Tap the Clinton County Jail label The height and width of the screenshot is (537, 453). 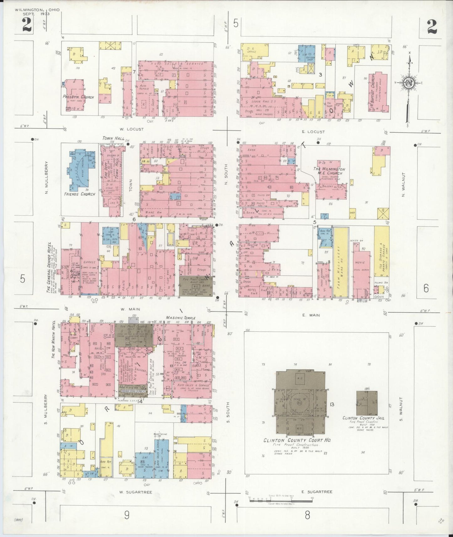point(363,418)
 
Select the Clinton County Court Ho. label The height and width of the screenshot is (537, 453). point(297,440)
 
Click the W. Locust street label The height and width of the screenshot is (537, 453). point(131,129)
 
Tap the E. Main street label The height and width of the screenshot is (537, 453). point(311,315)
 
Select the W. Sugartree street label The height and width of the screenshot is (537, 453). point(136,492)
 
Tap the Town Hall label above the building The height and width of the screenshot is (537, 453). point(113,139)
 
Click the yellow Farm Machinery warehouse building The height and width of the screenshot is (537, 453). point(340,262)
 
